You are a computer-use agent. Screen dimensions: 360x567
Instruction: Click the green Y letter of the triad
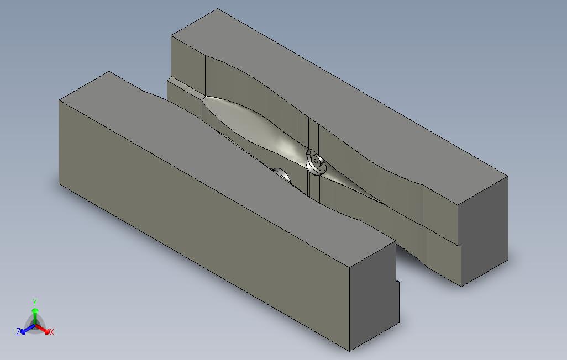coord(34,302)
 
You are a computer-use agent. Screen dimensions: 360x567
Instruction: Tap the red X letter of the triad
coord(51,332)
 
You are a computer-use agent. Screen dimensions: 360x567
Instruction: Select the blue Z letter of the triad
coord(18,332)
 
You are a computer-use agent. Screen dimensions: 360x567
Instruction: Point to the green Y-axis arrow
coord(34,314)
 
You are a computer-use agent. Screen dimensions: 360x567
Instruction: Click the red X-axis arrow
coord(44,330)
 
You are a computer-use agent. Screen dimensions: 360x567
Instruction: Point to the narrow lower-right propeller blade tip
coord(381,202)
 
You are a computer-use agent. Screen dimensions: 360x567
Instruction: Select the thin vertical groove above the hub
coord(317,133)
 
